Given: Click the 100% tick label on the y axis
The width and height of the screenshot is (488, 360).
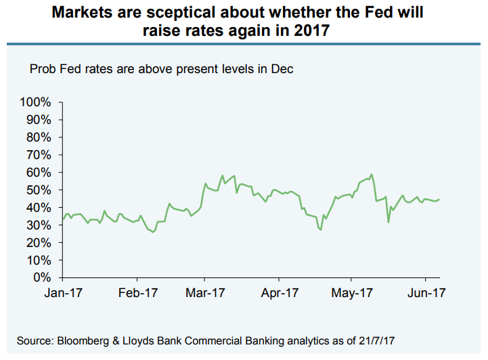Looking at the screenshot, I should (36, 102).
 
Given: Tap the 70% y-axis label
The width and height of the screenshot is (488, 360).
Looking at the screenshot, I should (39, 155).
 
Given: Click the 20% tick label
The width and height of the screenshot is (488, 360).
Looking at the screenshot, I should (39, 242).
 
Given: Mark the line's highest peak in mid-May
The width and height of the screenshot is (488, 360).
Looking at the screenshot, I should (372, 175).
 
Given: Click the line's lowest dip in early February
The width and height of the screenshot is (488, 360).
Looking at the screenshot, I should (153, 232).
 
